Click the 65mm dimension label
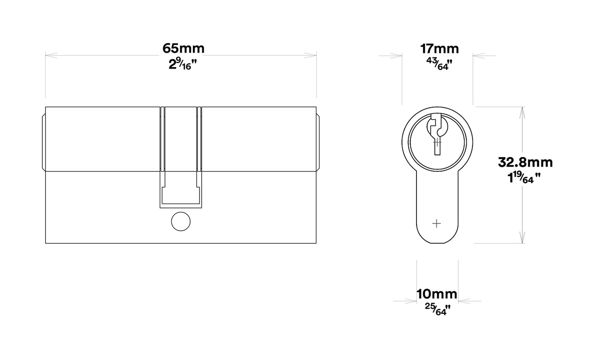pyautogui.click(x=183, y=48)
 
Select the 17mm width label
pyautogui.click(x=439, y=49)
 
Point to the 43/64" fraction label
pyautogui.click(x=439, y=64)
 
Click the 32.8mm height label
pyautogui.click(x=525, y=162)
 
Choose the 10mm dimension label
pyautogui.click(x=437, y=294)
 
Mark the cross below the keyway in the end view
pyautogui.click(x=437, y=224)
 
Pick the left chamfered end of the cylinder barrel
pyautogui.click(x=44, y=140)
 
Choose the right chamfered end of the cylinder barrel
pyautogui.click(x=318, y=140)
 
